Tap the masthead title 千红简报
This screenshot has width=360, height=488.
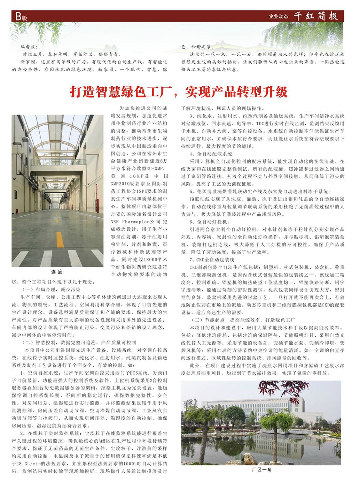pyautogui.click(x=315, y=16)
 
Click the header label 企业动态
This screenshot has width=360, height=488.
pyautogui.click(x=279, y=16)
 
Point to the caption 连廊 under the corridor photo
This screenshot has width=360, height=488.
pyautogui.click(x=57, y=272)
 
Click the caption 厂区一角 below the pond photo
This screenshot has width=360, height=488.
pyautogui.click(x=261, y=470)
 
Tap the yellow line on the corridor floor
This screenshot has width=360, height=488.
pyautogui.click(x=60, y=240)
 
